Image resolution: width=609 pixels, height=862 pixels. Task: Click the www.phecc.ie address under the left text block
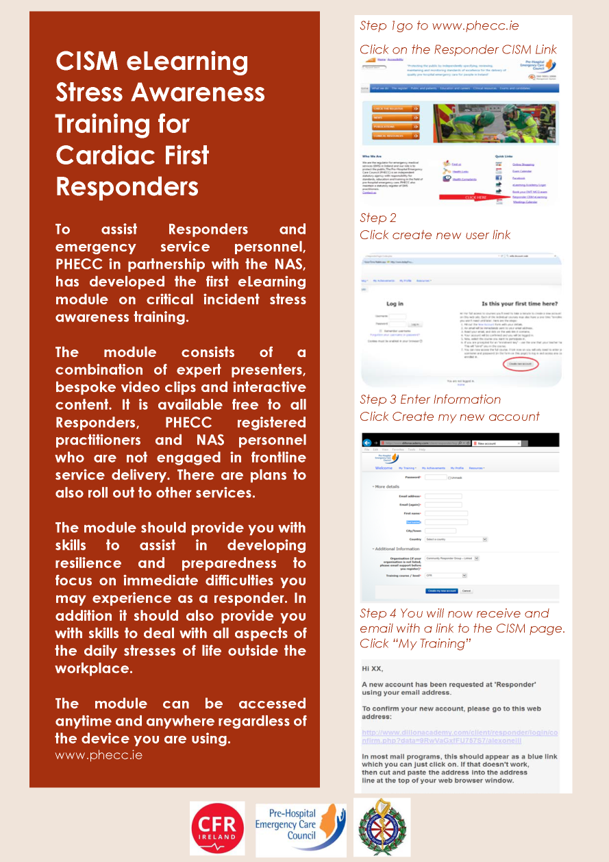point(99,755)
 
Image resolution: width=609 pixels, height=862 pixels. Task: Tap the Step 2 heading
point(378,218)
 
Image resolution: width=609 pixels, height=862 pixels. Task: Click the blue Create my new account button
point(441,590)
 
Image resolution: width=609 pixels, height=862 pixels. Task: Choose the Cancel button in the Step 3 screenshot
point(467,590)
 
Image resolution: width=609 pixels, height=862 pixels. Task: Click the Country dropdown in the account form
point(456,539)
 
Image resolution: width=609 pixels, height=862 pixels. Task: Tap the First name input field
point(446,513)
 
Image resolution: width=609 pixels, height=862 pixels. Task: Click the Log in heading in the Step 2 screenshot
point(395,304)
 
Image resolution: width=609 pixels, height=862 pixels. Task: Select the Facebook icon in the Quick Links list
point(498,177)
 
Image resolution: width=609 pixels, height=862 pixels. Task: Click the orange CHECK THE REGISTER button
point(395,108)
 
